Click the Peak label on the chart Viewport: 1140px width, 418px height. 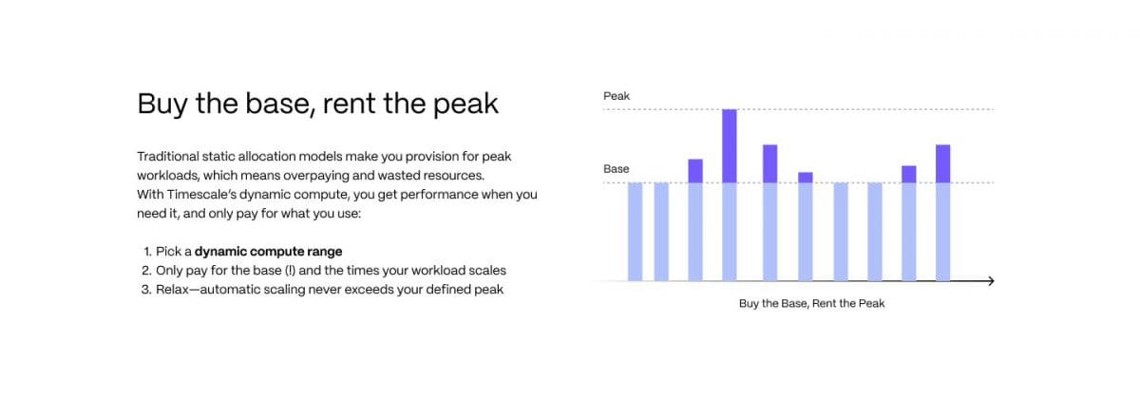click(617, 96)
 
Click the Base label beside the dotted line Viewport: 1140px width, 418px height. click(617, 169)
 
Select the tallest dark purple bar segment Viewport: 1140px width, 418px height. click(730, 146)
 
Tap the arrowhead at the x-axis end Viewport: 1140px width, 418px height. click(991, 281)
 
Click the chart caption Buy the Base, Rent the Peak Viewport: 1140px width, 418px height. click(811, 303)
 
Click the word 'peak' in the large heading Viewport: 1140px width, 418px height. click(465, 104)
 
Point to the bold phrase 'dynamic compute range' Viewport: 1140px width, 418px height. click(268, 252)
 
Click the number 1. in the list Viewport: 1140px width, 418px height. click(147, 252)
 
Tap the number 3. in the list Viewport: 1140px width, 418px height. click(146, 290)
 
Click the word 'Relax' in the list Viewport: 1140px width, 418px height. click(172, 290)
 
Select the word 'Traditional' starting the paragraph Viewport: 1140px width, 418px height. click(168, 157)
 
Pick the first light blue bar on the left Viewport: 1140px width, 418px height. click(636, 232)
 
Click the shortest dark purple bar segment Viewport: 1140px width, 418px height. click(806, 178)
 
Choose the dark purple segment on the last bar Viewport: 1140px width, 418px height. click(943, 164)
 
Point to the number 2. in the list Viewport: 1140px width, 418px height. click(146, 271)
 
